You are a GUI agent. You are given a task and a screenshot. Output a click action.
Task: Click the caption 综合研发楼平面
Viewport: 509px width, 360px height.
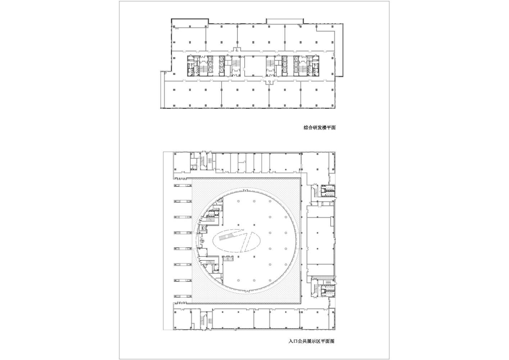pyautogui.click(x=319, y=127)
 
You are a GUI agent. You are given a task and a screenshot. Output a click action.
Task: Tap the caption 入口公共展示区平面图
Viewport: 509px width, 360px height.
pyautogui.click(x=312, y=341)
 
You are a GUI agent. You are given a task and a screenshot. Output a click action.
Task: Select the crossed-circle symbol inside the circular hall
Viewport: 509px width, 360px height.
pyautogui.click(x=202, y=240)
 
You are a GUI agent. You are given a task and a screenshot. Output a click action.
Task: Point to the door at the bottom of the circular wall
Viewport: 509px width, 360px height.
pyautogui.click(x=246, y=290)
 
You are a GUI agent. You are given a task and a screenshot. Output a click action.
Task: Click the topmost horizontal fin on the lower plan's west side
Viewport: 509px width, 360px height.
pyautogui.click(x=183, y=185)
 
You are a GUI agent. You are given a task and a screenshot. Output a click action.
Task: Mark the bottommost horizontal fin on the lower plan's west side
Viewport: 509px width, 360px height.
pyautogui.click(x=183, y=296)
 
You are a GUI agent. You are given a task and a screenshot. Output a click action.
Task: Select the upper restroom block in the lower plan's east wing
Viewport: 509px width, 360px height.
pyautogui.click(x=328, y=191)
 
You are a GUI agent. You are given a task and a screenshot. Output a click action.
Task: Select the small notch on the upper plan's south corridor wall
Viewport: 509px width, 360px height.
pyautogui.click(x=268, y=82)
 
